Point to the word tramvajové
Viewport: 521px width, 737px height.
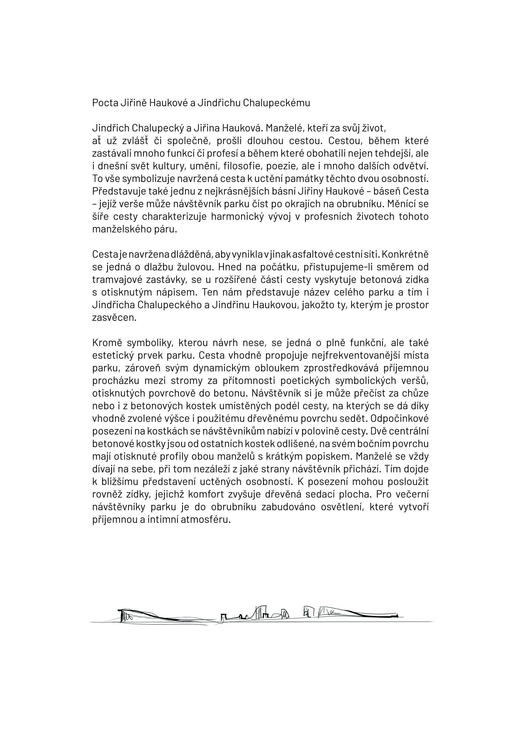click(x=116, y=279)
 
